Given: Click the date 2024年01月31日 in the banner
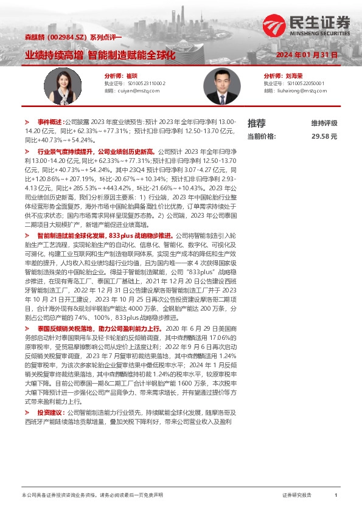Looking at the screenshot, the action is pyautogui.click(x=306, y=55).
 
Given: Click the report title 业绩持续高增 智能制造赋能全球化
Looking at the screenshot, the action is pyautogui.click(x=100, y=55).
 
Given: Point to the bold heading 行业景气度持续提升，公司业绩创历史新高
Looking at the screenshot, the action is pyautogui.click(x=96, y=150).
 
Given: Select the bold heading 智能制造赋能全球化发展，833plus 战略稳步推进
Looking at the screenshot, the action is pyautogui.click(x=105, y=235).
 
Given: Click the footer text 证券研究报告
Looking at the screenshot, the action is pyautogui.click(x=297, y=496).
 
